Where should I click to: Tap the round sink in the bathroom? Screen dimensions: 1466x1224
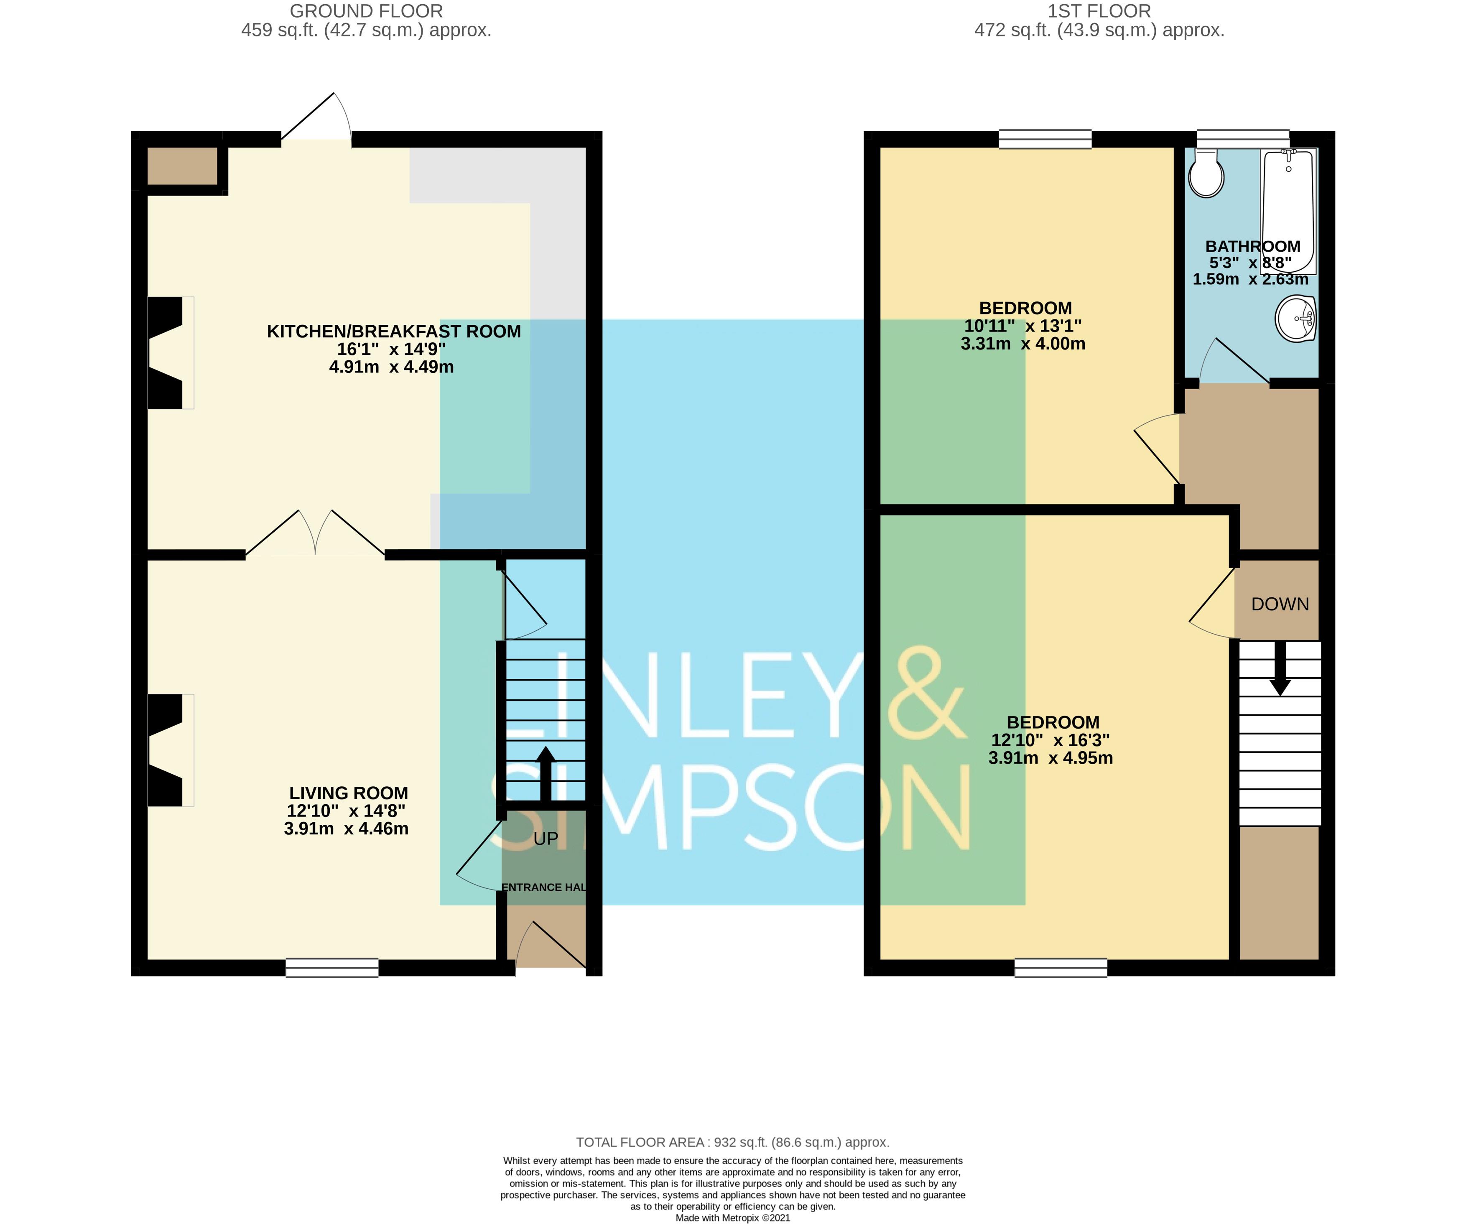(x=1296, y=319)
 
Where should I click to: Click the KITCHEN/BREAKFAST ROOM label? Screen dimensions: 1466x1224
(x=394, y=331)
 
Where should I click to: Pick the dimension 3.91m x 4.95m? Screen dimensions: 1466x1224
(x=1050, y=757)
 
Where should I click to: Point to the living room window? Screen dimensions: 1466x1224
(x=332, y=968)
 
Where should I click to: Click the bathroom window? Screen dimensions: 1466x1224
(x=1243, y=138)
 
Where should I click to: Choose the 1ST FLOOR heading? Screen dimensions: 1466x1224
(x=1099, y=11)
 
